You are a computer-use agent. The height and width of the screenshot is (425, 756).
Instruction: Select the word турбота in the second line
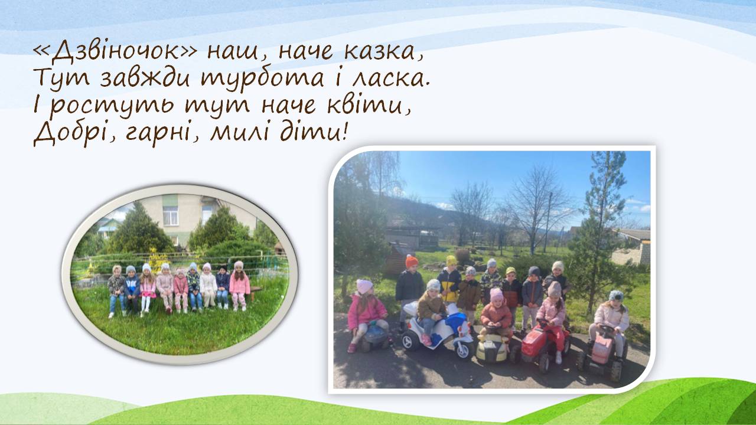(262, 79)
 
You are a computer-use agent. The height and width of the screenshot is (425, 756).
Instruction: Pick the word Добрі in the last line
(76, 133)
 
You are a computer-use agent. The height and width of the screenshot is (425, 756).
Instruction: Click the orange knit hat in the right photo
(412, 261)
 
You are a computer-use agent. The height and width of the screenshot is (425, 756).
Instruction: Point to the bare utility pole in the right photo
(548, 223)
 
